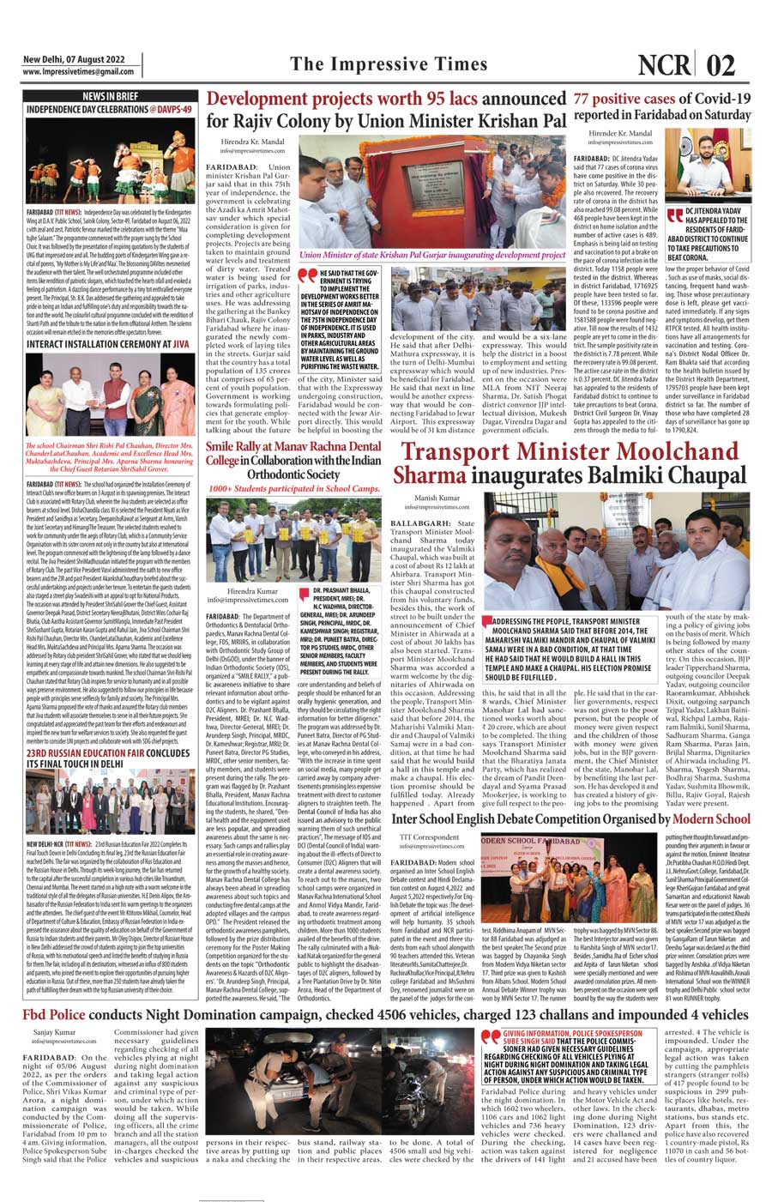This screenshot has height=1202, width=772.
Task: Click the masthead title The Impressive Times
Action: pos(388,64)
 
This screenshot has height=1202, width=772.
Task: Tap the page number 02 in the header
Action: pos(721,65)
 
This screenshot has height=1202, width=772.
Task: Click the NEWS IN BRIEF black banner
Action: pos(110,96)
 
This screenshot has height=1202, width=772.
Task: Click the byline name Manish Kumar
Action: pos(437,498)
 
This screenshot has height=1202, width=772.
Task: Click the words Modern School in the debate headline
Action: pos(711,819)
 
